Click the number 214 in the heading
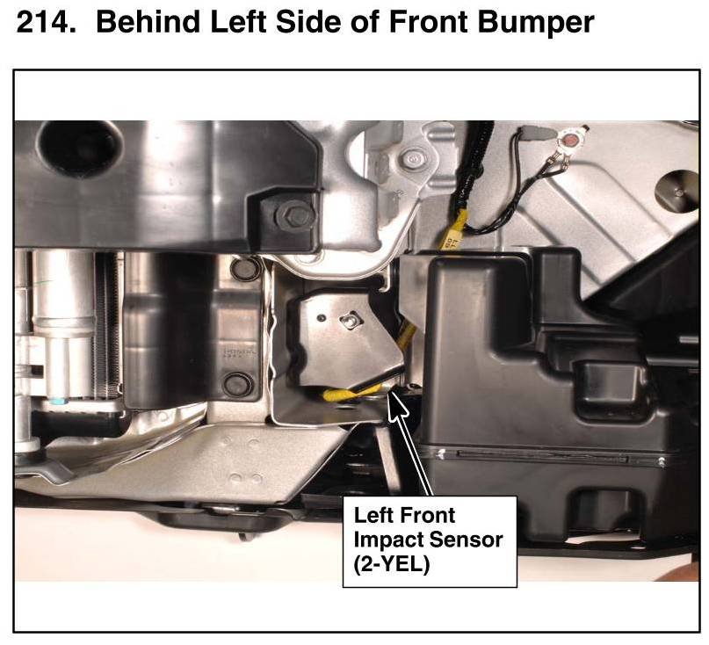[46, 21]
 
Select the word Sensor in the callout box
[465, 540]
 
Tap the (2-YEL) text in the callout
[392, 564]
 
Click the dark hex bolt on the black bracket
[294, 214]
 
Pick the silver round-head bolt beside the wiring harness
[411, 159]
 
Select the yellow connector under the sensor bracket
[348, 393]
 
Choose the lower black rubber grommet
[238, 385]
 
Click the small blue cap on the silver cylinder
[58, 402]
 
